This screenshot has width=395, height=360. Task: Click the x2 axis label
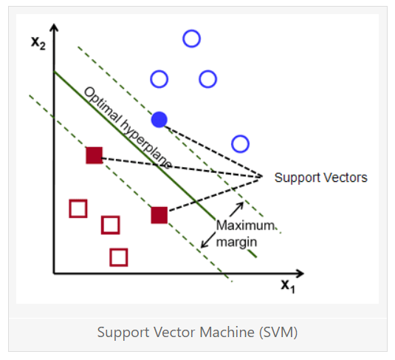38,43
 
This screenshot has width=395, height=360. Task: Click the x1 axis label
288,286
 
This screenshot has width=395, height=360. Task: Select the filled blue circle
159,120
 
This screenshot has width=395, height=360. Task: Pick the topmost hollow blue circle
191,38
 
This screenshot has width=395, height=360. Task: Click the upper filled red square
95,155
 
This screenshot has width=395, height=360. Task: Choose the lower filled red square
159,215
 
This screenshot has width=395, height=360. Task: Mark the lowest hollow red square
119,257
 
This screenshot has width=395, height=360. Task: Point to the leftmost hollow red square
78,208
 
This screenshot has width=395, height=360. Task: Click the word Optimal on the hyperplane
103,105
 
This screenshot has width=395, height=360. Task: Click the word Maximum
245,225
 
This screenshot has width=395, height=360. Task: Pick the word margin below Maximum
236,242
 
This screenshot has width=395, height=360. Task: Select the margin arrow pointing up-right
236,209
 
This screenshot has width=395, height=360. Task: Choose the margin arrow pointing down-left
208,240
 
